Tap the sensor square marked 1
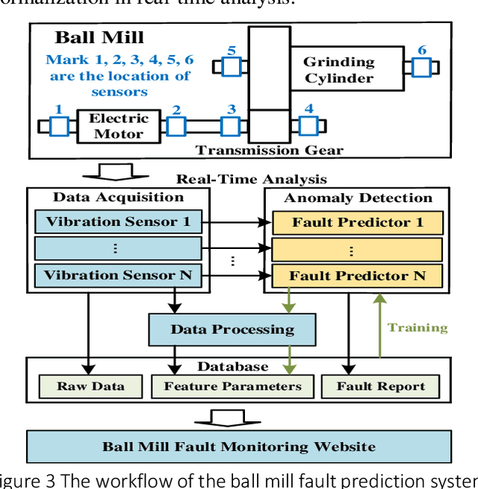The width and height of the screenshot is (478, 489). (x=60, y=127)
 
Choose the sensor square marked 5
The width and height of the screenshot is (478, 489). (x=231, y=67)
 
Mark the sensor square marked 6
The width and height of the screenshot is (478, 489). (x=422, y=67)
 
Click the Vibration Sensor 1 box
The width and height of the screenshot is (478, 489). (x=117, y=221)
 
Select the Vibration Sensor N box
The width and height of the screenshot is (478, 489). (x=117, y=275)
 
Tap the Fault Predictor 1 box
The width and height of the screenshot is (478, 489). (x=357, y=222)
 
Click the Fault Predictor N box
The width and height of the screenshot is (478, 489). (x=357, y=276)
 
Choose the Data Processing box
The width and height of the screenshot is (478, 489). (x=232, y=329)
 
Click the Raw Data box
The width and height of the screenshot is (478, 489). (x=90, y=386)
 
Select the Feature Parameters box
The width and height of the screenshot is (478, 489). (x=232, y=386)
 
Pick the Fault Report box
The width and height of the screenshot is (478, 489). (x=380, y=386)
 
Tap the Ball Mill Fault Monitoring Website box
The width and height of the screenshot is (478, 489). (x=239, y=447)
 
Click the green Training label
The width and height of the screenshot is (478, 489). (x=418, y=327)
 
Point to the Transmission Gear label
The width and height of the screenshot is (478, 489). (x=270, y=150)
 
